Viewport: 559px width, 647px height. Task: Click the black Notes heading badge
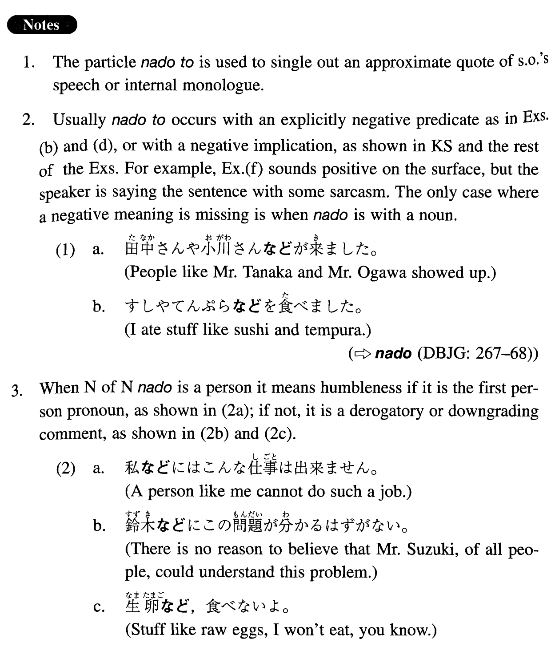(42, 25)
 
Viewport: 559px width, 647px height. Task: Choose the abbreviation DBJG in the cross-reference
(441, 354)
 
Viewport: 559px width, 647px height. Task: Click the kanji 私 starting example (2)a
(132, 468)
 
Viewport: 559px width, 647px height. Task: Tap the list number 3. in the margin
(18, 389)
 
